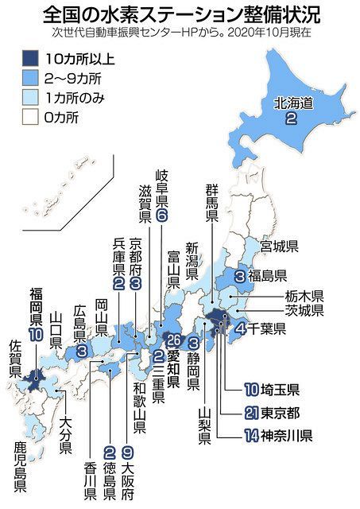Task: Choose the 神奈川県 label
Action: [283, 435]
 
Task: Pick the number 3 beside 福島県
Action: [240, 277]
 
